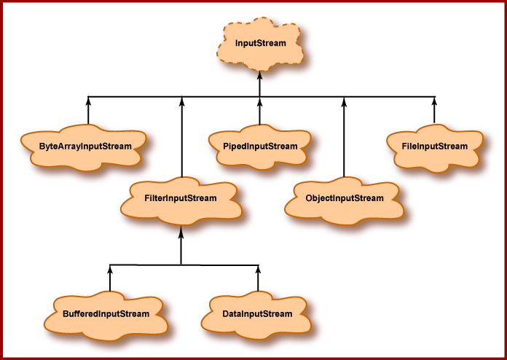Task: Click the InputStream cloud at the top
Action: (260, 44)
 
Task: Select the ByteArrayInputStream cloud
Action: (85, 146)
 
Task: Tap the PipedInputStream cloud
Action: (260, 146)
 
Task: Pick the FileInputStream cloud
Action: (434, 146)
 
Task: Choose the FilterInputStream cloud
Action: (181, 197)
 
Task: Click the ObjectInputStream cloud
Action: (344, 197)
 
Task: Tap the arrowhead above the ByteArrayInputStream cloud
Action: (87, 101)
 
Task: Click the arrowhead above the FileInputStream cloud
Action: (435, 101)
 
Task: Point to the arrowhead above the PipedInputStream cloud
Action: (260, 101)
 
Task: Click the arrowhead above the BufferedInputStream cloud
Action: (111, 268)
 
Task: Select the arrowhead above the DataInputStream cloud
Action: (258, 268)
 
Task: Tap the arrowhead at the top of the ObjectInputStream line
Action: (343, 101)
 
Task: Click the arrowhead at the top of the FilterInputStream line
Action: (181, 101)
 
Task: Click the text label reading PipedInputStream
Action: (260, 146)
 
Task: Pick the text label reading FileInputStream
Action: (434, 146)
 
